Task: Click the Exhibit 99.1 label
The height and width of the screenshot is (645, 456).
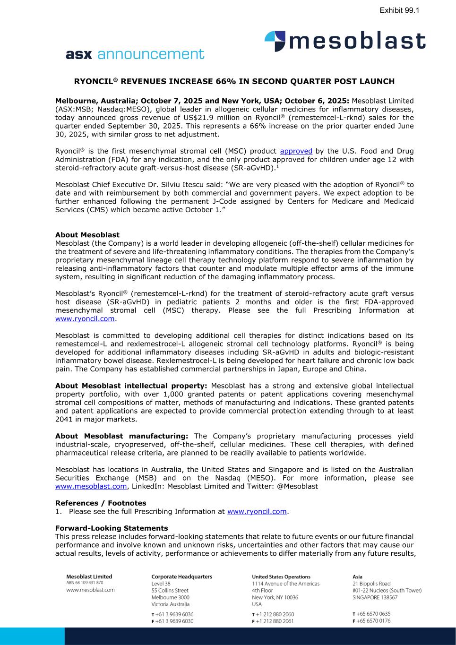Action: click(x=399, y=10)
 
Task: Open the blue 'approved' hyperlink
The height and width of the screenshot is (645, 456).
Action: click(x=296, y=151)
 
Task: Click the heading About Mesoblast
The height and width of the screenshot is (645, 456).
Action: click(x=87, y=235)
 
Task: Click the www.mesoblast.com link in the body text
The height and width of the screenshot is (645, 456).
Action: click(x=91, y=486)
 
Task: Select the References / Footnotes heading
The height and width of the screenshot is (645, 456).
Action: click(x=101, y=503)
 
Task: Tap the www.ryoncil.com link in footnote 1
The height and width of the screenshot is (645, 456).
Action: click(x=257, y=512)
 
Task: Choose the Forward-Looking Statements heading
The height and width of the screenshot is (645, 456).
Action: click(x=112, y=528)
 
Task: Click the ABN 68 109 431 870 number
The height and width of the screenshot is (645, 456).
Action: click(x=85, y=583)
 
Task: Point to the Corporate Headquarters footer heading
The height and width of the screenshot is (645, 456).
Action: click(x=181, y=576)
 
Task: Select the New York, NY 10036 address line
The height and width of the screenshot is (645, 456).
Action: click(x=275, y=597)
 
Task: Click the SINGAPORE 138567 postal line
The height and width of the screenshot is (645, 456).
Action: click(x=375, y=597)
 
